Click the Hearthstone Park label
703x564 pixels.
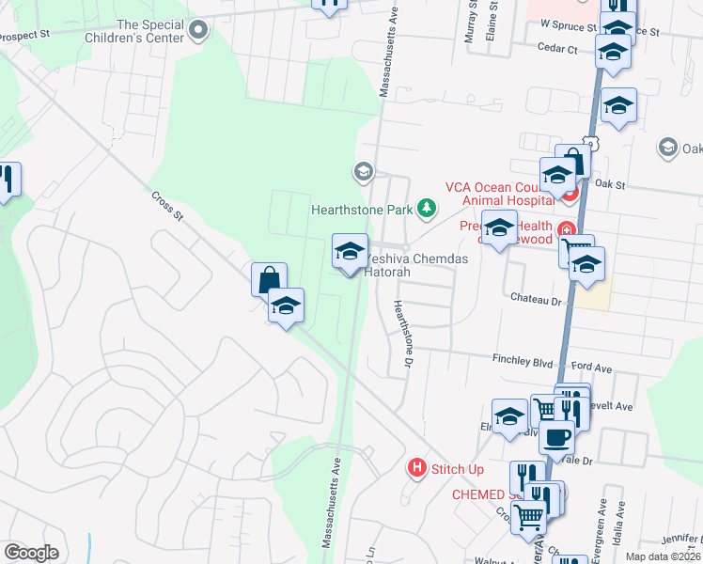click(363, 210)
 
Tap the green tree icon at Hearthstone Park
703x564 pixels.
click(428, 208)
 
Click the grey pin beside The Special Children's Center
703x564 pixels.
click(198, 32)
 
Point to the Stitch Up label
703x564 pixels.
click(458, 468)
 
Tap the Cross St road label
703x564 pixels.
click(167, 208)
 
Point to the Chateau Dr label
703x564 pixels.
click(535, 299)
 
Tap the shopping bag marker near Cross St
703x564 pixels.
click(269, 279)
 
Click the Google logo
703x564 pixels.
click(31, 553)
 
